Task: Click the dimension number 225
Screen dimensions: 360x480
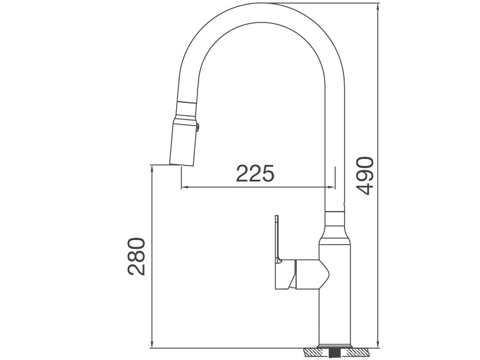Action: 255,173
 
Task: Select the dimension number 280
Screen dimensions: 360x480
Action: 136,256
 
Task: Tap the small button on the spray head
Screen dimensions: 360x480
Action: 199,125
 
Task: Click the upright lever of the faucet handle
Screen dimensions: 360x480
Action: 276,236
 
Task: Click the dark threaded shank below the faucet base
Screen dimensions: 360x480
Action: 336,353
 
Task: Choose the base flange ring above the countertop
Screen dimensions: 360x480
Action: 336,345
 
